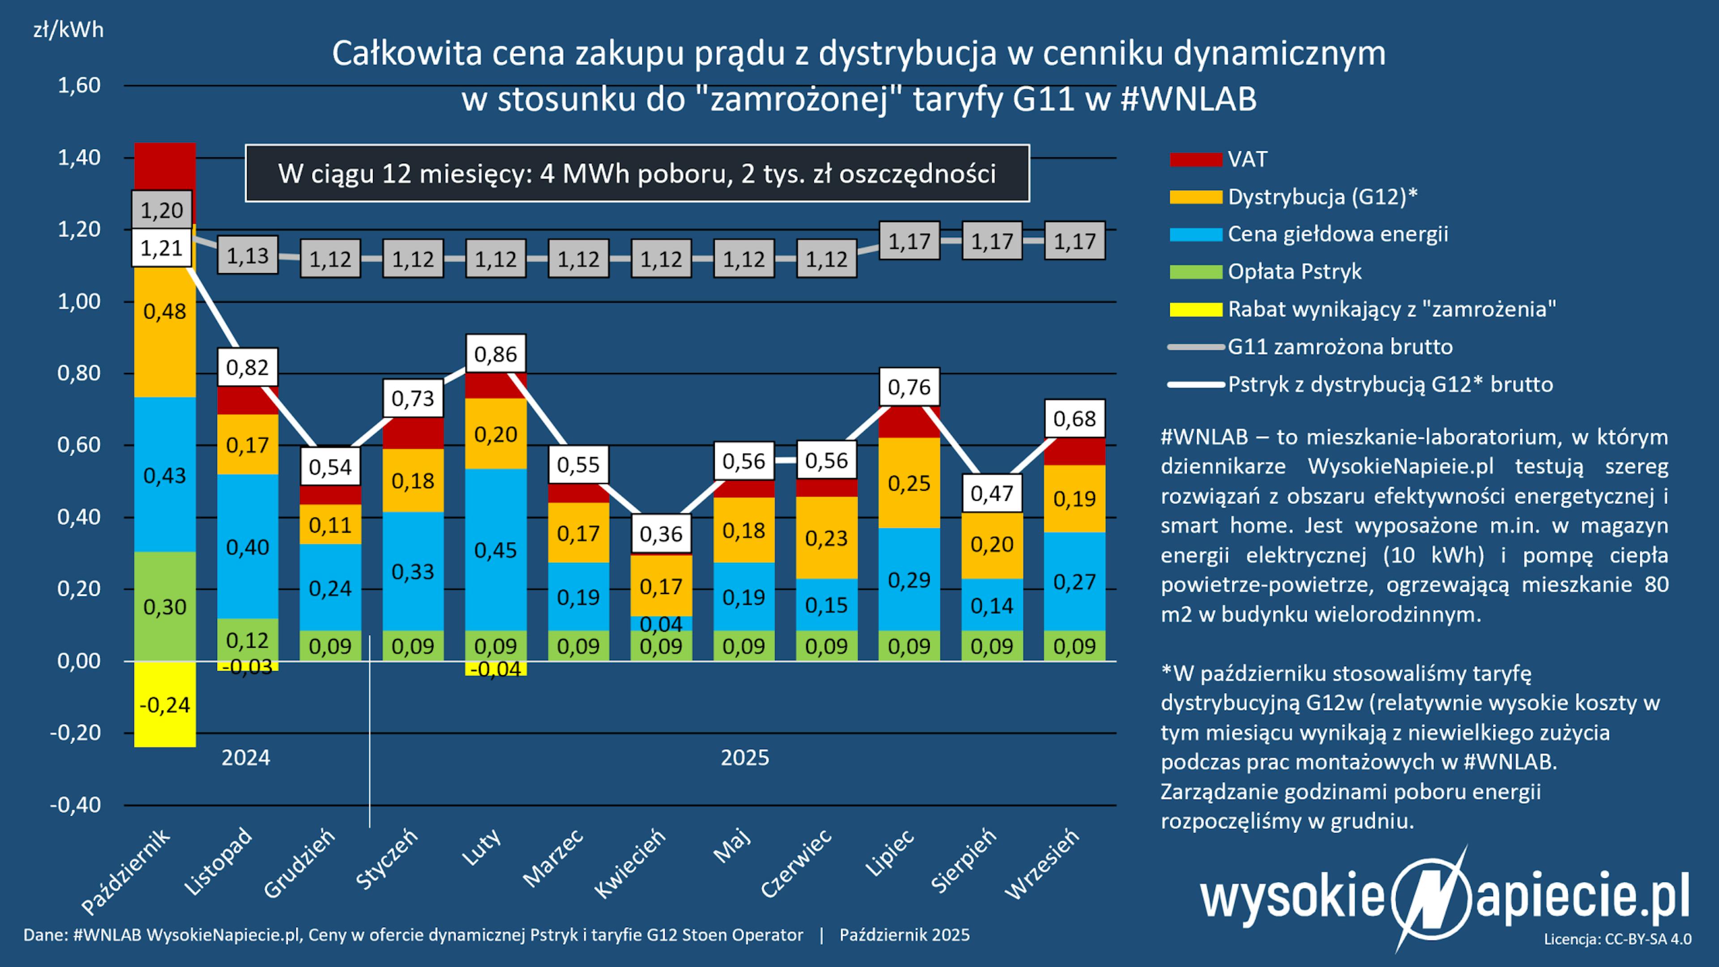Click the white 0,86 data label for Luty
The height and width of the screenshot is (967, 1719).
pyautogui.click(x=495, y=354)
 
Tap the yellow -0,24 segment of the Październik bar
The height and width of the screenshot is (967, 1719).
pyautogui.click(x=165, y=705)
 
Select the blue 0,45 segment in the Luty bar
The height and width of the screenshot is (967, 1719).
pyautogui.click(x=495, y=550)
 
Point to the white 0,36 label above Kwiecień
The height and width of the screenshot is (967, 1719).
pyautogui.click(x=661, y=534)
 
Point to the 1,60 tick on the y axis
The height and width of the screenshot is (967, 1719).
pyautogui.click(x=79, y=86)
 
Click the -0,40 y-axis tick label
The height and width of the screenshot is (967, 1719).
pyautogui.click(x=75, y=805)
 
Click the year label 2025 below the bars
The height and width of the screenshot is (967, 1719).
pyautogui.click(x=745, y=758)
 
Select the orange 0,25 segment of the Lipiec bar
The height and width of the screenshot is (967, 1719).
pyautogui.click(x=909, y=483)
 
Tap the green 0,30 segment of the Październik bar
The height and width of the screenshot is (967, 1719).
pyautogui.click(x=165, y=607)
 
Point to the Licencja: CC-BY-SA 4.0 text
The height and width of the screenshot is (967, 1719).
pyautogui.click(x=1617, y=939)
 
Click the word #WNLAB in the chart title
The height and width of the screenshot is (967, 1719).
pyautogui.click(x=1189, y=99)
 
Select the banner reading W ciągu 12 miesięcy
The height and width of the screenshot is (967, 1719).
pyautogui.click(x=637, y=174)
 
